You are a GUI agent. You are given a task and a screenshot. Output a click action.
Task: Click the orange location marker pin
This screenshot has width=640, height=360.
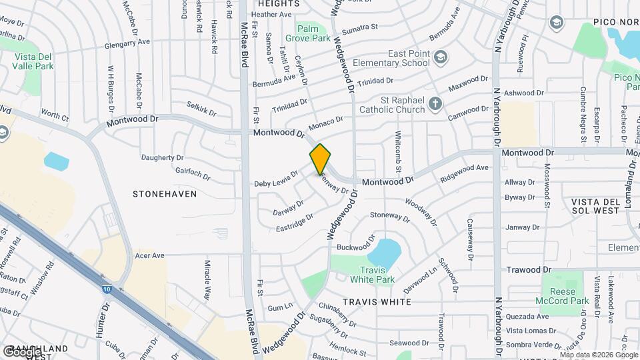(320, 159)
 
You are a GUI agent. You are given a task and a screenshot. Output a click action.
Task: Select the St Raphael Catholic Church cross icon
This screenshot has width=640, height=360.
(435, 103)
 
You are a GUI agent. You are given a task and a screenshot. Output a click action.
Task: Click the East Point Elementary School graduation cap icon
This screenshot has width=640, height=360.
(439, 57)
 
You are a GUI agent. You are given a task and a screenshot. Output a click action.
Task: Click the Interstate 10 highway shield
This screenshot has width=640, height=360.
(107, 289)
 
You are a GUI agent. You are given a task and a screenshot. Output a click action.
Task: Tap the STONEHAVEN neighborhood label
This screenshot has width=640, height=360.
(165, 194)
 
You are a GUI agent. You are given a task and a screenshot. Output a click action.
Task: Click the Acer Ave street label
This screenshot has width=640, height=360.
(149, 255)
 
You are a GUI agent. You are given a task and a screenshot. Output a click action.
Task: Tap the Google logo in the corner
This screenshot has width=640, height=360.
(22, 352)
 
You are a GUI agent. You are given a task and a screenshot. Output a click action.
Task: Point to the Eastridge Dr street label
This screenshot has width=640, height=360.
(294, 223)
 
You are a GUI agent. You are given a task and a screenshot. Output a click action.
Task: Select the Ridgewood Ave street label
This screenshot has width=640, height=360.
(465, 174)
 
